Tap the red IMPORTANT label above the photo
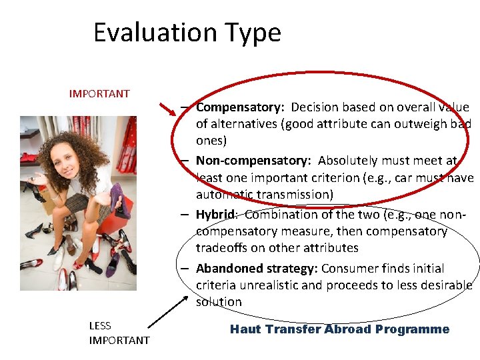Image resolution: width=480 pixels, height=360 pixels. click(x=99, y=93)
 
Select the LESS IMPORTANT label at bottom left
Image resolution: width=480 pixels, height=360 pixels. click(x=119, y=333)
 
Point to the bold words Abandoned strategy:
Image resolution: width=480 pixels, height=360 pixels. click(x=257, y=268)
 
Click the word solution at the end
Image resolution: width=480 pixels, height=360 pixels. click(x=219, y=302)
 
